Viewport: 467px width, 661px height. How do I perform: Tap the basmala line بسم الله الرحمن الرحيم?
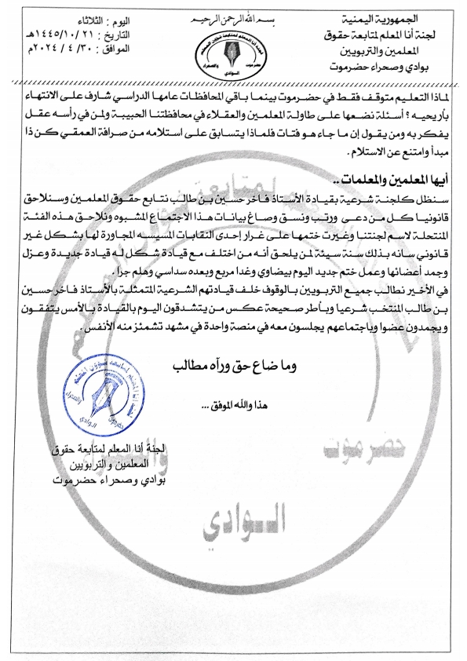point(232,17)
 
